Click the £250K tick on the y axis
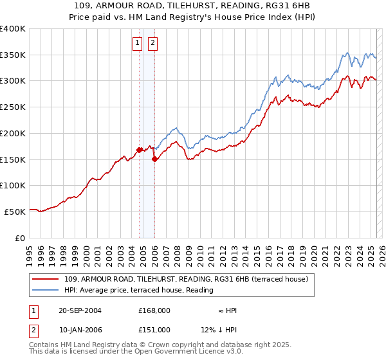pyautogui.click(x=14, y=107)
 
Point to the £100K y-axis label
pyautogui.click(x=14, y=185)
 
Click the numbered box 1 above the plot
pyautogui.click(x=138, y=44)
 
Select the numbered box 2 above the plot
pyautogui.click(x=153, y=44)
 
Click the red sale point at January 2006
pyautogui.click(x=154, y=160)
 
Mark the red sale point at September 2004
pyautogui.click(x=140, y=150)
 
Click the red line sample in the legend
pyautogui.click(x=46, y=279)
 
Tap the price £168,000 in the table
pyautogui.click(x=154, y=310)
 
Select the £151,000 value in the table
pyautogui.click(x=154, y=329)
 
